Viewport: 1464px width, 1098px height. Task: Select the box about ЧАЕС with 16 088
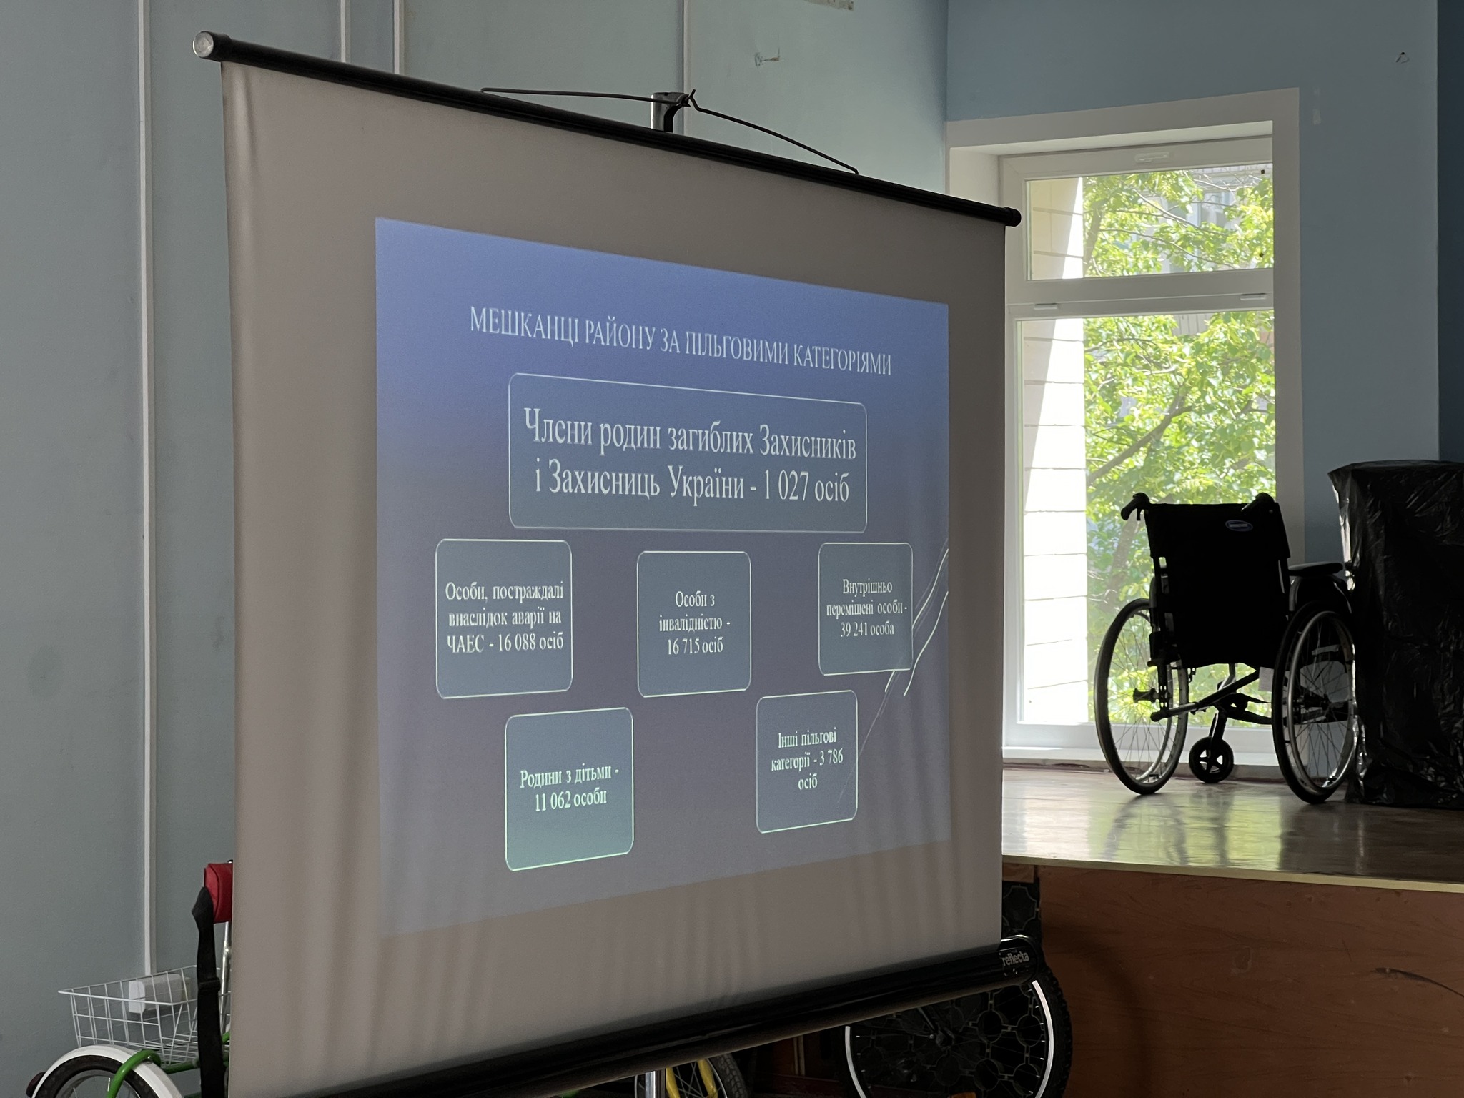pyautogui.click(x=504, y=619)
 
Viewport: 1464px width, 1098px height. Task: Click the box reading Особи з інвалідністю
pyautogui.click(x=694, y=623)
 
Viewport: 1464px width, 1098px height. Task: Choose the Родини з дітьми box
pyautogui.click(x=569, y=789)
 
